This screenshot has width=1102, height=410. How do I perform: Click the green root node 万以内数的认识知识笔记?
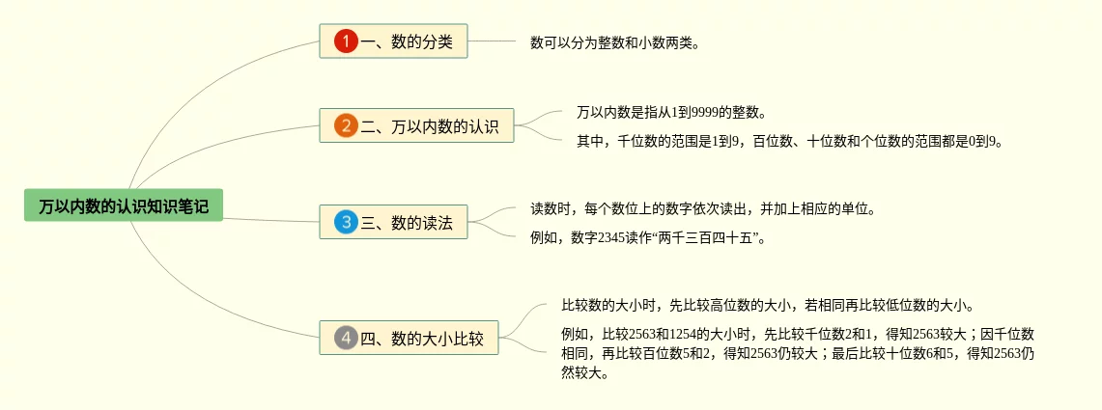124,205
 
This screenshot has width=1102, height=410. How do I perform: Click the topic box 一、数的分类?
394,41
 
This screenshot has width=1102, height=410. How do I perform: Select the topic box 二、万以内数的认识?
417,125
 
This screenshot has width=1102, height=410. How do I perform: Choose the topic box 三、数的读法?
394,223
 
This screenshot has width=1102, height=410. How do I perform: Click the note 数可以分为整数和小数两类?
614,43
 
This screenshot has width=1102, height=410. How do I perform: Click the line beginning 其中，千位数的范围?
790,142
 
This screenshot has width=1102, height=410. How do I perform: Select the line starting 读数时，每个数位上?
703,208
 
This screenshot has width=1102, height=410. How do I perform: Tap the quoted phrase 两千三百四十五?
708,237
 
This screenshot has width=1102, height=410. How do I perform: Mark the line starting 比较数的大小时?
768,306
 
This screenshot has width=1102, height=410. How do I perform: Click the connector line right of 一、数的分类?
493,41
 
